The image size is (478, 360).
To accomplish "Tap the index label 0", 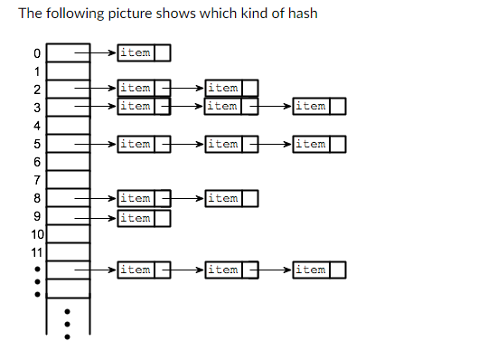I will pos(37,53).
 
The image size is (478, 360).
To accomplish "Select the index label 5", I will pos(37,144).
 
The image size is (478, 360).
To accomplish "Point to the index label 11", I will pos(37,251).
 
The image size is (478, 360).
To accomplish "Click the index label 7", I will pos(37,180).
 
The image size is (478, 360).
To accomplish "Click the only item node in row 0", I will pos(136,53).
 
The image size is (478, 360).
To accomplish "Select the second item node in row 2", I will pos(223,89).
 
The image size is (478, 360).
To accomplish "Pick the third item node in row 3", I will pos(310,107).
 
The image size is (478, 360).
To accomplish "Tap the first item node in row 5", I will pos(136,144).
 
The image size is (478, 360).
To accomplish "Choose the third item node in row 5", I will pos(310,144).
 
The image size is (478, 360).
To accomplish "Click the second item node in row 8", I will pos(223,198).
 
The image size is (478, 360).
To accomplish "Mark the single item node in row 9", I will pos(136,217).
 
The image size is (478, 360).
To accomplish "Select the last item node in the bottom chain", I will pos(310,270).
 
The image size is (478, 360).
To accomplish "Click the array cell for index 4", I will pos(68,125).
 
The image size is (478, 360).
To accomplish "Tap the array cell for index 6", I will pos(68,161).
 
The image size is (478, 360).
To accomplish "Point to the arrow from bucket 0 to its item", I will pos(97,53).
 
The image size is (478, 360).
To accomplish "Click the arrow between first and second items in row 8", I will pos(184,198).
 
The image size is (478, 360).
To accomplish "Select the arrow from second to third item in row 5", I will pos(272,144).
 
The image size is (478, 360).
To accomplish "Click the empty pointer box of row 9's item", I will pos(163,218).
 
